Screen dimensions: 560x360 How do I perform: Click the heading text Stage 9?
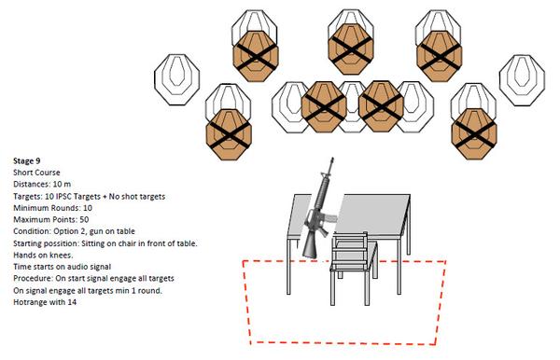pyautogui.click(x=27, y=161)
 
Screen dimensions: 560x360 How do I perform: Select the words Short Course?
pyautogui.click(x=36, y=173)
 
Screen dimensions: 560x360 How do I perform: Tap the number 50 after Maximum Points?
pyautogui.click(x=84, y=220)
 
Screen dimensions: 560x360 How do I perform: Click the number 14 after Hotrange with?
pyautogui.click(x=72, y=302)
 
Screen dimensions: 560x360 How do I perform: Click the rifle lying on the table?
pyautogui.click(x=319, y=211)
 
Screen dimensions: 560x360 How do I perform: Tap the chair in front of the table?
pyautogui.click(x=354, y=269)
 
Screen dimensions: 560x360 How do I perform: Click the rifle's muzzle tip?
pyautogui.click(x=332, y=158)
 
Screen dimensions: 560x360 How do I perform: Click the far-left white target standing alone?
pyautogui.click(x=176, y=79)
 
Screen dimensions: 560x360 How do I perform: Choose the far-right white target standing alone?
pyautogui.click(x=522, y=80)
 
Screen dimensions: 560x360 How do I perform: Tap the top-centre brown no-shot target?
pyautogui.click(x=351, y=49)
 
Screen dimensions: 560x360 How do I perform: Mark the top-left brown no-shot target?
pyautogui.click(x=256, y=56)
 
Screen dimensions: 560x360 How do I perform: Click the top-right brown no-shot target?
pyautogui.click(x=440, y=56)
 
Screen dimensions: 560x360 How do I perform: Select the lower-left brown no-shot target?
pyautogui.click(x=229, y=134)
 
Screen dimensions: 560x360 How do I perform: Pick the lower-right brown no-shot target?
pyautogui.click(x=474, y=133)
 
